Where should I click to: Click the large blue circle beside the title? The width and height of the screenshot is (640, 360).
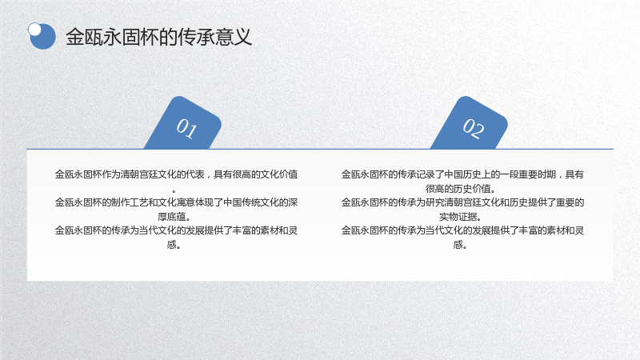42,36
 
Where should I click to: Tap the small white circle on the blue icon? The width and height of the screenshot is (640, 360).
34,30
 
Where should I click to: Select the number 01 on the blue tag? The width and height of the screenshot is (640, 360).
186,128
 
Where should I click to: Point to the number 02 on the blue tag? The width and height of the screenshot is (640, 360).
473,128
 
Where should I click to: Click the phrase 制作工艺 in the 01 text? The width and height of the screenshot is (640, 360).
126,202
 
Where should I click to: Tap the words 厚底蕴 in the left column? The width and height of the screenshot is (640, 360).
171,216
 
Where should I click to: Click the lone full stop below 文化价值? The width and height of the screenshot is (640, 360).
174,191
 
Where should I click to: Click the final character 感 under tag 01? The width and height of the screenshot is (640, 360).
171,245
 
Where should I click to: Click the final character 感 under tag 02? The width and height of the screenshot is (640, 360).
458,245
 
